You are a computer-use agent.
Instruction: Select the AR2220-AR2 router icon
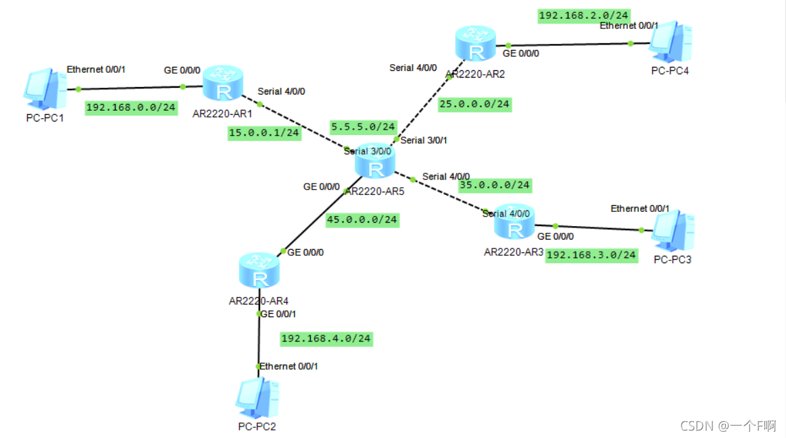coord(476,45)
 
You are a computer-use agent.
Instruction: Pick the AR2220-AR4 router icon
coord(259,271)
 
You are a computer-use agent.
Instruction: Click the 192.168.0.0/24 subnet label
coord(131,108)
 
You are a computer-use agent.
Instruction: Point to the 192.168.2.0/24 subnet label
coord(584,16)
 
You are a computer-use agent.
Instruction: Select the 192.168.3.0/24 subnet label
coord(591,254)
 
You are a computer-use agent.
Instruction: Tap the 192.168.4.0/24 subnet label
coord(326,338)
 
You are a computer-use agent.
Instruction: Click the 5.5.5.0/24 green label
coord(363,126)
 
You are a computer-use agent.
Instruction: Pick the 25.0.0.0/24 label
coord(474,104)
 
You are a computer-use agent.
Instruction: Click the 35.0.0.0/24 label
coord(495,185)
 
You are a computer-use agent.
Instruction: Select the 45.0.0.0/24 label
coord(362,219)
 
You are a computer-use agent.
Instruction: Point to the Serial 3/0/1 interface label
coord(424,140)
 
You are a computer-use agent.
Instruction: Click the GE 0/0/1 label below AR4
coord(278,314)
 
